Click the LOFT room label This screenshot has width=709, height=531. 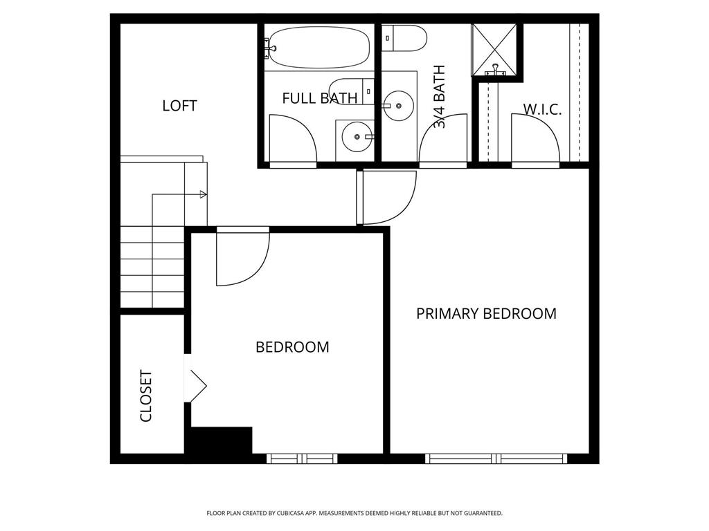click(179, 106)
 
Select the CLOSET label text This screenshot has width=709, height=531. click(146, 396)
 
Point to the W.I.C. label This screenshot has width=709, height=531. click(542, 109)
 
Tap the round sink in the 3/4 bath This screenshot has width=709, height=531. click(398, 106)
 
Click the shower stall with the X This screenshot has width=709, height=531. click(495, 48)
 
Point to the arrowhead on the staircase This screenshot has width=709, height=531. click(203, 194)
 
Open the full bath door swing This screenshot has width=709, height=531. click(292, 140)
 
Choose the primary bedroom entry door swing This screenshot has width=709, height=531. click(388, 198)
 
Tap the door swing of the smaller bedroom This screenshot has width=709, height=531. click(242, 259)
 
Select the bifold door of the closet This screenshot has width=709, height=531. click(197, 386)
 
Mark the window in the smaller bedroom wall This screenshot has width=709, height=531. click(302, 458)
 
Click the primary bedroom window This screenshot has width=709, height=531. click(496, 458)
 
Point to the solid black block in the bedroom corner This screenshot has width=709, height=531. click(221, 440)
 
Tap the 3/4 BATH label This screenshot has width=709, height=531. click(440, 97)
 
